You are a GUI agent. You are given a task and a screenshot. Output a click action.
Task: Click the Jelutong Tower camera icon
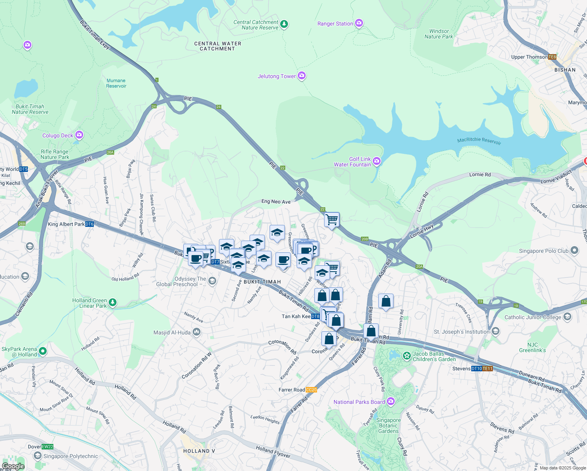pos(302,76)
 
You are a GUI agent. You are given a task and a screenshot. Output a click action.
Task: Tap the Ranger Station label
pos(335,24)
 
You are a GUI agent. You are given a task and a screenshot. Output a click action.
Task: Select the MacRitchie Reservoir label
pos(479,141)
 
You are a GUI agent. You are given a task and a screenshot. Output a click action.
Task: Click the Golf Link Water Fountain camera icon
pos(377,161)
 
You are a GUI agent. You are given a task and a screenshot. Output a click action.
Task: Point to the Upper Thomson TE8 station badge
pos(552,57)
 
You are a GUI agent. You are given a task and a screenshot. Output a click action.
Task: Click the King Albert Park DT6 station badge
pos(89,225)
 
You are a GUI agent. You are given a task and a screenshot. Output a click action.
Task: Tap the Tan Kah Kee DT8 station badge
pos(315,316)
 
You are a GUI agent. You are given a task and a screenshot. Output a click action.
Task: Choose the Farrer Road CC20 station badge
pos(311,390)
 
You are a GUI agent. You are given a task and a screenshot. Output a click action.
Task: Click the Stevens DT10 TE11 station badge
pos(481,369)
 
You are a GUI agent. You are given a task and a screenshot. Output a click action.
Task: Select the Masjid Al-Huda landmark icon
pos(197,332)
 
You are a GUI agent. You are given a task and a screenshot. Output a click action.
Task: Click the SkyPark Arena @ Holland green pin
pos(43,351)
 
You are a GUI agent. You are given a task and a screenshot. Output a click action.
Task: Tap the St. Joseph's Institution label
pos(461,332)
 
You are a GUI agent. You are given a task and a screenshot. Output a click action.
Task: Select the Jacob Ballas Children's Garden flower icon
pos(407,356)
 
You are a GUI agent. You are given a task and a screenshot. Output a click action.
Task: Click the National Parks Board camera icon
pos(390,401)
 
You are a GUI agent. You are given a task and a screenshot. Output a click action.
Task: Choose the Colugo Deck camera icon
pos(79,135)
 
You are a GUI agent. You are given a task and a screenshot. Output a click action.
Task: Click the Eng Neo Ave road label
pos(276,202)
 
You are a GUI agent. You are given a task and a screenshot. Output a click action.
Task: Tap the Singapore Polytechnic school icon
pos(38,456)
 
